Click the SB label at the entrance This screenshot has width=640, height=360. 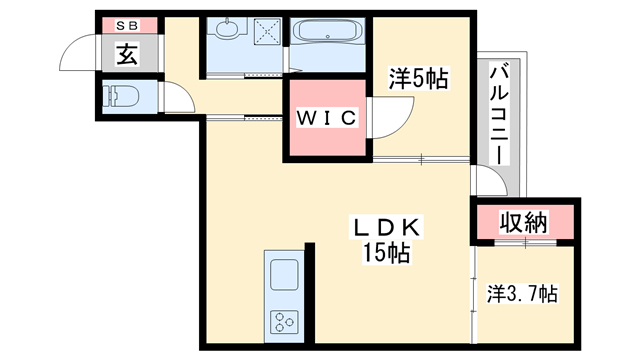(128, 25)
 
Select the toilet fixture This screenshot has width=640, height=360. (122, 96)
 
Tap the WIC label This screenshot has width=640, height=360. (325, 117)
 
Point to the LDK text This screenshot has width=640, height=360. (385, 227)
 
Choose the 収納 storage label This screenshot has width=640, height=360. (523, 222)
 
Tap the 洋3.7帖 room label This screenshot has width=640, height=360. (523, 295)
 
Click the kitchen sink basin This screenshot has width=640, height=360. (283, 273)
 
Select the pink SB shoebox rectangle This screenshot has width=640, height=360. (128, 25)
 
